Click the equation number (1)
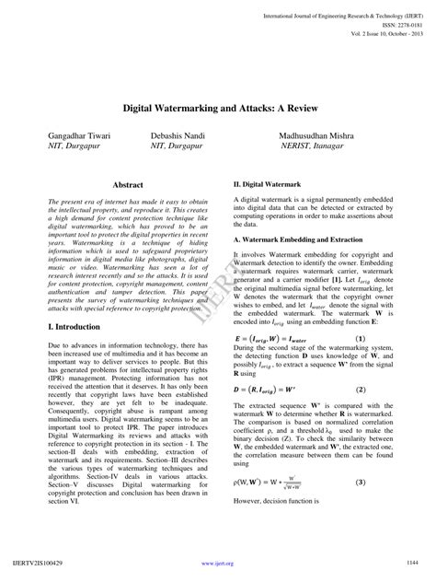coord(361,338)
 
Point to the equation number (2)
coord(361,390)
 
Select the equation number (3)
coord(361,482)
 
